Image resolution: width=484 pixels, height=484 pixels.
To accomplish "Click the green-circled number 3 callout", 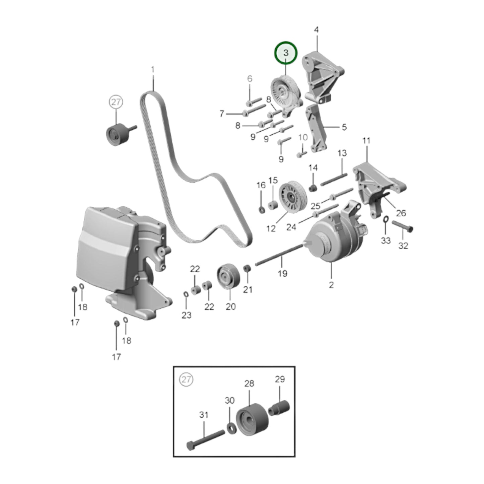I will point(286,53).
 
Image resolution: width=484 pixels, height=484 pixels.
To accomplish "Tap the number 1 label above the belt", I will point(153,70).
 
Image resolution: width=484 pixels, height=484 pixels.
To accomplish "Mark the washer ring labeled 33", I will point(386,219).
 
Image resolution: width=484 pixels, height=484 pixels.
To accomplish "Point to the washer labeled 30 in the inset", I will point(230,428).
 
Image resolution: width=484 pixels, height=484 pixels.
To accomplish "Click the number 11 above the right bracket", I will point(366,141).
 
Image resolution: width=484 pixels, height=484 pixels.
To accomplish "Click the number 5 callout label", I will point(344,127).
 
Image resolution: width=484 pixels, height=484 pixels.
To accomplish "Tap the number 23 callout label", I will point(187,315).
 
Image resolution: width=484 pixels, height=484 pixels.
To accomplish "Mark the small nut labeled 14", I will point(313,187).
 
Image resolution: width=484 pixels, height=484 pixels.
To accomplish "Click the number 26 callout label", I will point(401,213).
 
